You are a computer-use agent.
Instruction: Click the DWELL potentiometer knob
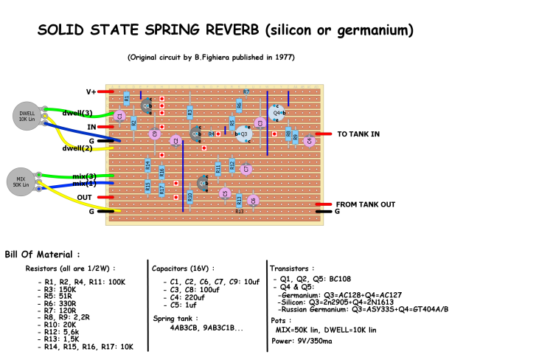pyautogui.click(x=27, y=116)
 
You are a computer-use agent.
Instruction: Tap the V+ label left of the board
pyautogui.click(x=91, y=92)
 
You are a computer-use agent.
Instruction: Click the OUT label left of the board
pyautogui.click(x=84, y=197)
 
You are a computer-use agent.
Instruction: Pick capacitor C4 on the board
pyautogui.click(x=310, y=140)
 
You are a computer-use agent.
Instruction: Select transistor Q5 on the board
pyautogui.click(x=202, y=183)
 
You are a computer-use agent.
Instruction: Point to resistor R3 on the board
pyautogui.click(x=189, y=112)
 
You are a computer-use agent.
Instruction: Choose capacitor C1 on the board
pyautogui.click(x=119, y=115)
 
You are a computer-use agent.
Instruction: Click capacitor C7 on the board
pyautogui.click(x=246, y=168)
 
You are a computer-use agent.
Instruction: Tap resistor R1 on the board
pyautogui.click(x=127, y=98)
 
